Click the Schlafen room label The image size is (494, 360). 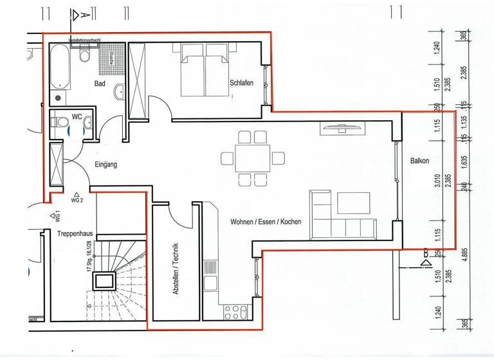[x=241, y=84]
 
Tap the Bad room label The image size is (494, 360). [x=100, y=84]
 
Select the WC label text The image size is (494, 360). [x=77, y=117]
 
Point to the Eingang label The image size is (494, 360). [x=106, y=165]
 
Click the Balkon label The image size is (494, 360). [x=419, y=161]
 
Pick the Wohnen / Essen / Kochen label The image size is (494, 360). [x=266, y=222]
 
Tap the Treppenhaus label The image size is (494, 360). [x=72, y=234]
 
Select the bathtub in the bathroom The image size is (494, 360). [x=60, y=66]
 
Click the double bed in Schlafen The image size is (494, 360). [x=204, y=71]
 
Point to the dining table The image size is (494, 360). [x=252, y=158]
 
